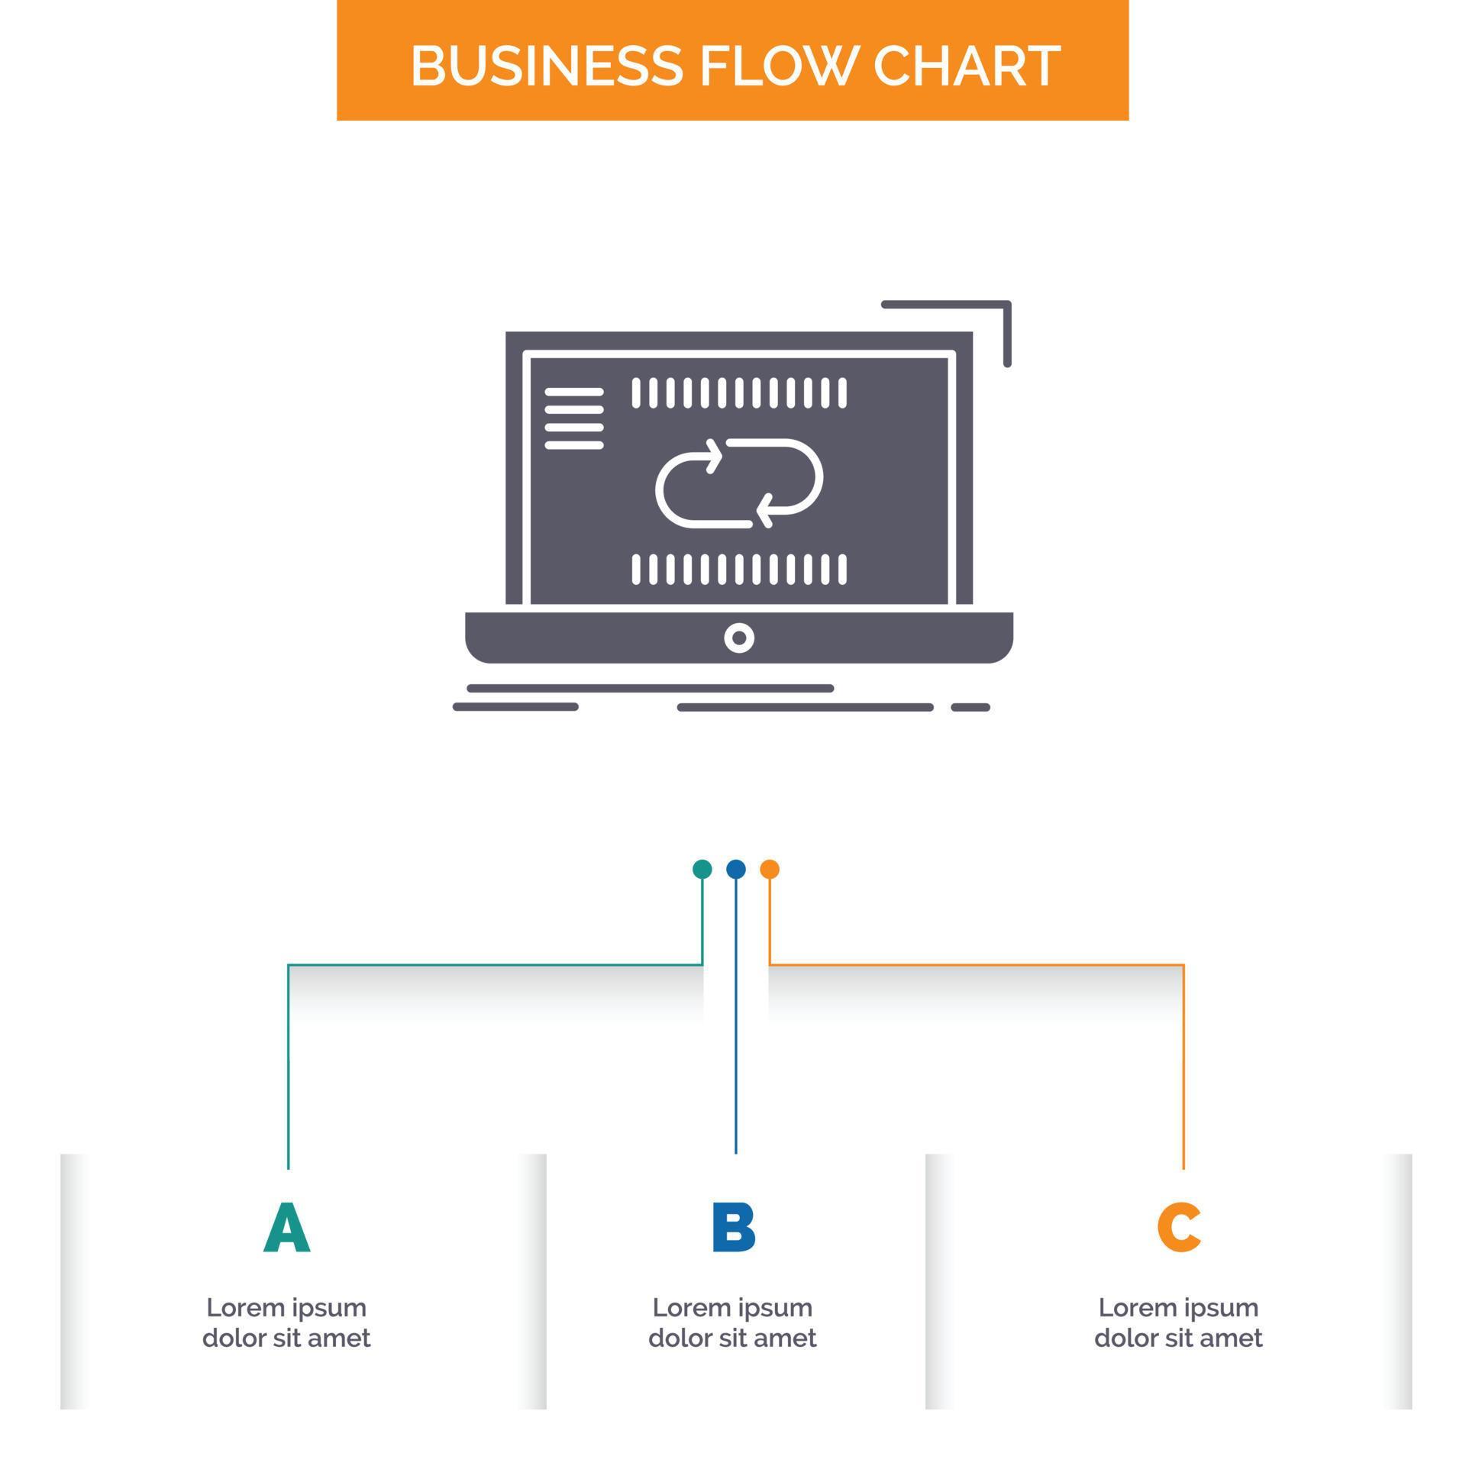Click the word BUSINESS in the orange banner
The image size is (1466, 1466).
546,66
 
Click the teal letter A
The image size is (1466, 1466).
287,1229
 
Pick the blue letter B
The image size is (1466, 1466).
733,1229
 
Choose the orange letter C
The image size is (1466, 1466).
1179,1229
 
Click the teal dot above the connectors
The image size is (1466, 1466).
702,869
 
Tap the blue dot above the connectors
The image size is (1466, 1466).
736,869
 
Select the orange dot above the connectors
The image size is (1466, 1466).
770,869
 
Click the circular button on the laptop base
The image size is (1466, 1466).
739,638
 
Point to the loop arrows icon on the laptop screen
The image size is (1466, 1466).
739,483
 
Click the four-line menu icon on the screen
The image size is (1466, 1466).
574,418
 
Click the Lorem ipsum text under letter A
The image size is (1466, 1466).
286,1323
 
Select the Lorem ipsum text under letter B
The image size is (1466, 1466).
732,1323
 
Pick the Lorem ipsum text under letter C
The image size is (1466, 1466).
1178,1323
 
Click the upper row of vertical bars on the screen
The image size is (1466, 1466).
739,392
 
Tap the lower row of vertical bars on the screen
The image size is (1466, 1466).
739,570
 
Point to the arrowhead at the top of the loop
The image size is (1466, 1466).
715,457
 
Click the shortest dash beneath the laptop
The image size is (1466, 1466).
970,708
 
